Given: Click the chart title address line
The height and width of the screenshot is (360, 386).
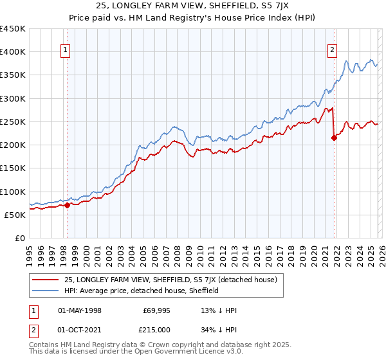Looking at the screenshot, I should [192, 7].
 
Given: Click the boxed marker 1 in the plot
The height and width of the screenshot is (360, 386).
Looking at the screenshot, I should [66, 51].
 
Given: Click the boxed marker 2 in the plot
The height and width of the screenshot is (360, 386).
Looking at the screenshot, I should [332, 51].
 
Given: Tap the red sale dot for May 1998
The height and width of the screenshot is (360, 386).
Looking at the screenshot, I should [67, 206].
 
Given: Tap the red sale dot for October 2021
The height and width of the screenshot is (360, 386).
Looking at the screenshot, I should [335, 138].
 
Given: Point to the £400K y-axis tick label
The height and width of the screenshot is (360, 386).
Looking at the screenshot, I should [13, 52].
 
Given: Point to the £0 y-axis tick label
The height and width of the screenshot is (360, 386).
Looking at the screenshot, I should [20, 238].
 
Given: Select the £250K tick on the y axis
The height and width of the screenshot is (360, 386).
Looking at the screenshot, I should [13, 122].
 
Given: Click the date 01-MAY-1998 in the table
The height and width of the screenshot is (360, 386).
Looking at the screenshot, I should [80, 310].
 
